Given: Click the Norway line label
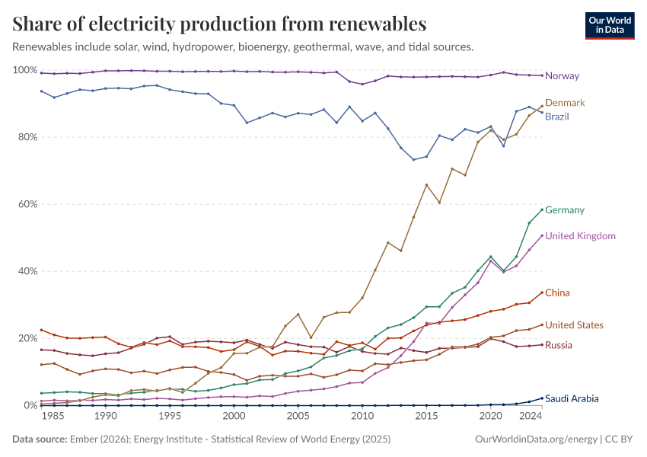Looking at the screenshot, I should (562, 76).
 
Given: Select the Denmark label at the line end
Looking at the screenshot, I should (565, 103).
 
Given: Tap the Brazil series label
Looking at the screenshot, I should (557, 117).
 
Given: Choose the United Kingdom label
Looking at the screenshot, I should (580, 236).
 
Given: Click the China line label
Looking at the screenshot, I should (557, 293).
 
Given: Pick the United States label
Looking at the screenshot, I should (575, 325).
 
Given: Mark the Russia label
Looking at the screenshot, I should (559, 346).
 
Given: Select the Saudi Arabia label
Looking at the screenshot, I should (572, 398).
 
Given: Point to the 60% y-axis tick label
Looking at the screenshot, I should (27, 204).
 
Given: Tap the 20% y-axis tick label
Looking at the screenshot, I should (27, 338).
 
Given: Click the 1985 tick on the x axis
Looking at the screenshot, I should (53, 417).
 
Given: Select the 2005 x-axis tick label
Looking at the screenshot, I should (298, 417).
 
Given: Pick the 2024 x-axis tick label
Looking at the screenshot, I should (531, 417).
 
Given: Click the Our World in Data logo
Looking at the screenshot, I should (609, 25).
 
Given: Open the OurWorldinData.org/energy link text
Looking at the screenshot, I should (537, 439).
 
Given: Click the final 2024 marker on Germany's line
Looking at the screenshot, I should (542, 209).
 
